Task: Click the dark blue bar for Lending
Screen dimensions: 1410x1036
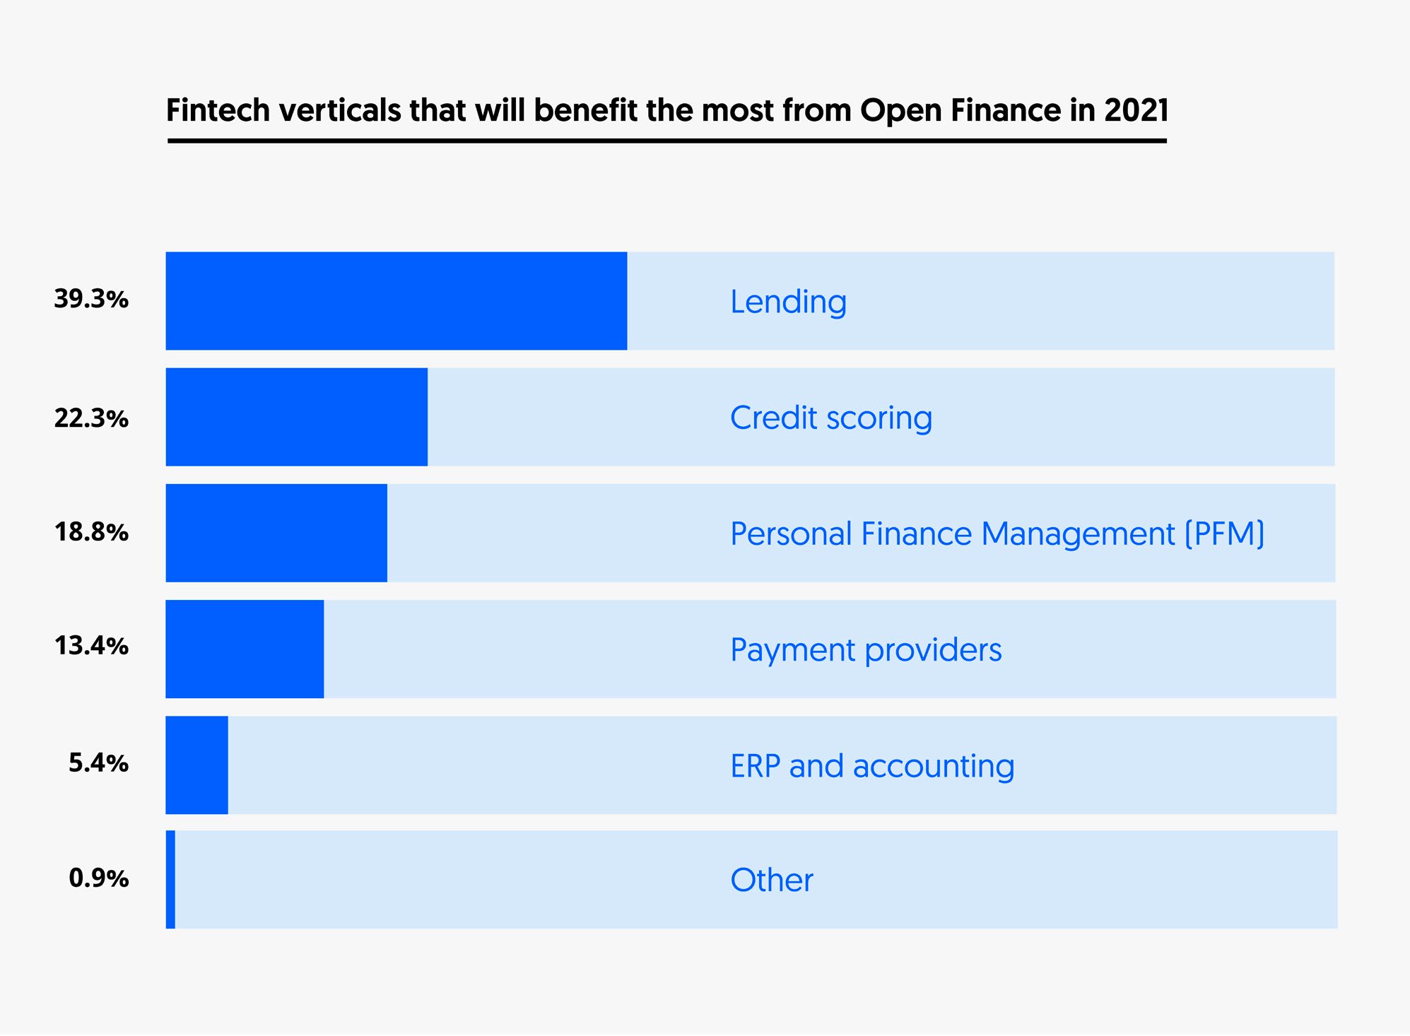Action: click(396, 301)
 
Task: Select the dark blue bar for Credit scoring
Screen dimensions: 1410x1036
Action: click(296, 417)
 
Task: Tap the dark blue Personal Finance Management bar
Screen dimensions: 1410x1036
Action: click(276, 533)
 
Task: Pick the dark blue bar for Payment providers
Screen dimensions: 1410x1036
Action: click(245, 649)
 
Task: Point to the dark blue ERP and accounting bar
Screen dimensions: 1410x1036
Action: click(196, 765)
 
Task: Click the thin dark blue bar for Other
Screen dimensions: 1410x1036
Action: click(170, 880)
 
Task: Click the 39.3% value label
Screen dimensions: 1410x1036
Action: click(91, 299)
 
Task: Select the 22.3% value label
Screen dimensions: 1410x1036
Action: click(91, 418)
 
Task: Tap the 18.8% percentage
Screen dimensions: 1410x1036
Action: click(91, 531)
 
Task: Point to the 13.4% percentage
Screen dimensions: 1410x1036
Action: click(91, 645)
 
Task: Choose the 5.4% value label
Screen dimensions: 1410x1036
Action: click(98, 763)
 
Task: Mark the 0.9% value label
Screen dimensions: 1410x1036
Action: click(98, 878)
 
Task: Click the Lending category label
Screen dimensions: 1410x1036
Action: click(788, 302)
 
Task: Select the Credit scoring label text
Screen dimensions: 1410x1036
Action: click(830, 418)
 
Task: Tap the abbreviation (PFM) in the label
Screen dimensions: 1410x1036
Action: click(1224, 534)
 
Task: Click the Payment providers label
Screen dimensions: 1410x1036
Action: click(865, 649)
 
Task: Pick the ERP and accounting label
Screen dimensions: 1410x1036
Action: click(871, 765)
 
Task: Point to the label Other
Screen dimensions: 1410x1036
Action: click(771, 881)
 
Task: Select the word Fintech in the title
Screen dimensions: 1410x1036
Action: click(218, 110)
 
